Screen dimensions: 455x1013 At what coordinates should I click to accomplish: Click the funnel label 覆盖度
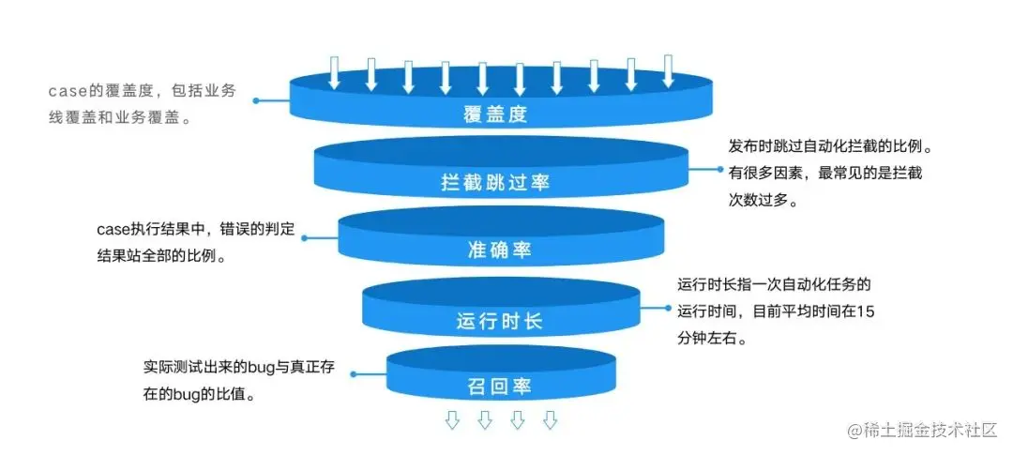[x=495, y=115]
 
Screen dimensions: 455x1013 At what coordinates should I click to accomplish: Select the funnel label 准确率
[x=500, y=250]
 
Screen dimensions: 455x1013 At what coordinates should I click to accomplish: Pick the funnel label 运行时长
[x=499, y=321]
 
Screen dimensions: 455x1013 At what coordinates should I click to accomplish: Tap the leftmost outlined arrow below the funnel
[x=452, y=419]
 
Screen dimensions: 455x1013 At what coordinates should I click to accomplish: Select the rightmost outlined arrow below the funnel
[x=550, y=419]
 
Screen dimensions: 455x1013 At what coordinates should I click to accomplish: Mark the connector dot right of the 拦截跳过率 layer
[x=723, y=170]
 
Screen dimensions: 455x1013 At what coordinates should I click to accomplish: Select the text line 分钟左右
[x=712, y=338]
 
